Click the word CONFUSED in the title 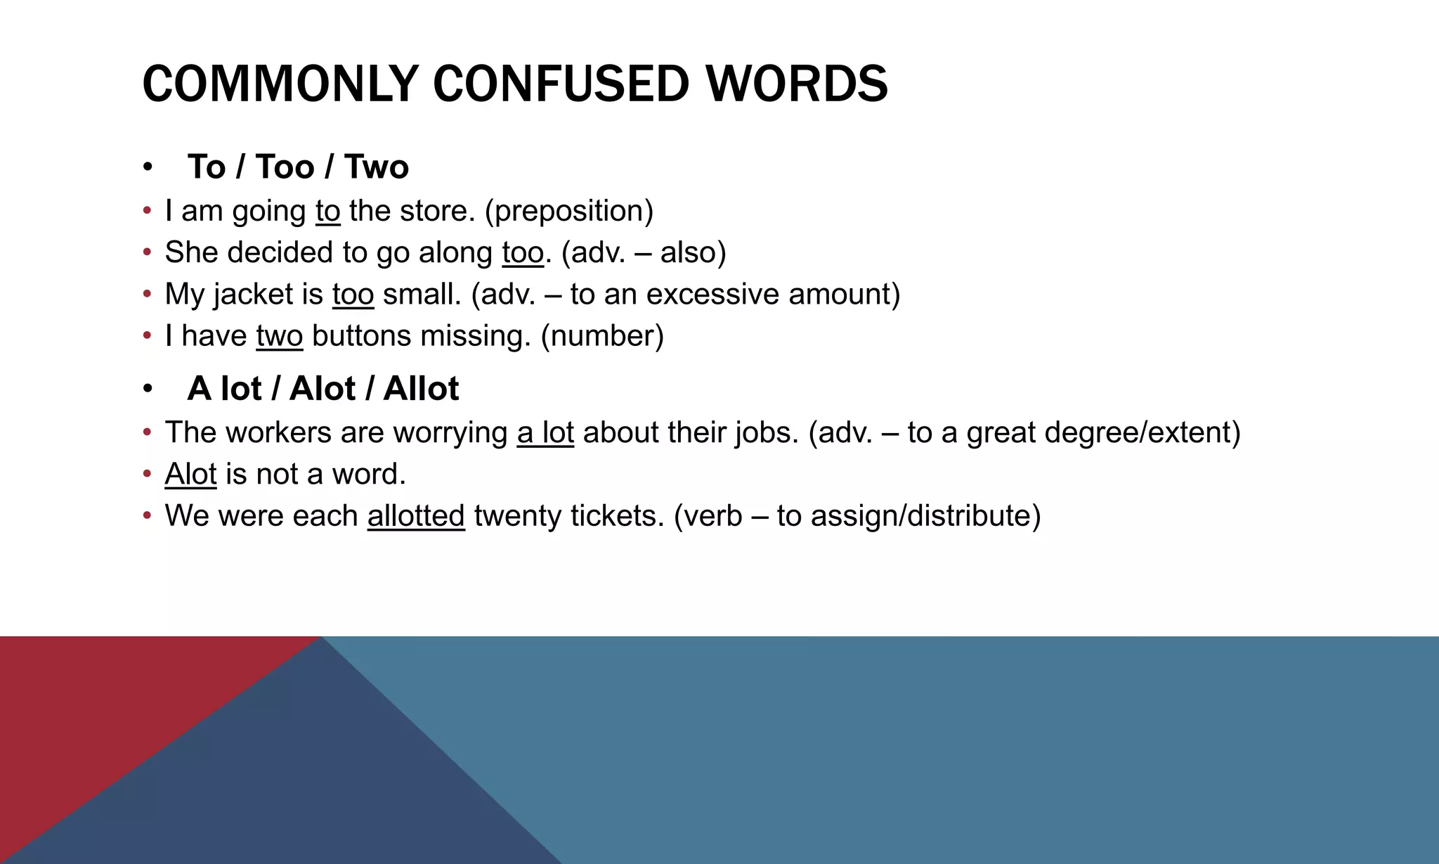click(x=561, y=84)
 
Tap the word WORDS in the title click(x=797, y=84)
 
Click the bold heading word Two click(x=377, y=167)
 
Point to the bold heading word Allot click(x=421, y=389)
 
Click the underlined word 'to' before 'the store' click(x=327, y=211)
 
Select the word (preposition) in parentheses click(x=569, y=211)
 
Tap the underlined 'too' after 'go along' click(x=523, y=252)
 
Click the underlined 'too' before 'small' click(x=353, y=294)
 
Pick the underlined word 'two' click(x=280, y=336)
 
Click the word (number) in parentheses click(x=602, y=336)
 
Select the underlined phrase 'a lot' click(x=545, y=432)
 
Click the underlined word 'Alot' click(x=190, y=474)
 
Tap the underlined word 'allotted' click(x=416, y=516)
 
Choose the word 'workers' click(x=278, y=432)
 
